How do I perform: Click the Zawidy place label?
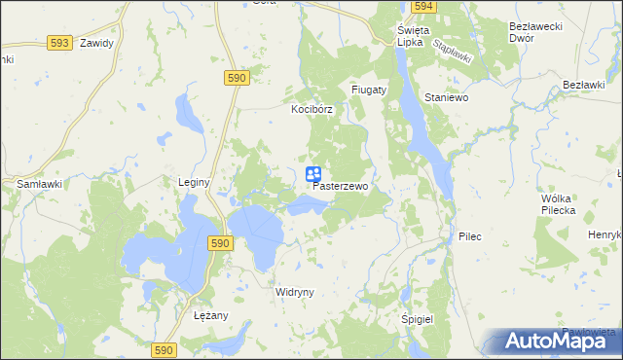click(97, 44)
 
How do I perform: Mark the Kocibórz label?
click(311, 110)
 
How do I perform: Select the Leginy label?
click(195, 181)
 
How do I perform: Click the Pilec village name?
click(470, 236)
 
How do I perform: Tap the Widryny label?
click(293, 292)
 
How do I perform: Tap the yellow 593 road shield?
click(59, 43)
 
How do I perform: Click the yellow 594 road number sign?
click(421, 6)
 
